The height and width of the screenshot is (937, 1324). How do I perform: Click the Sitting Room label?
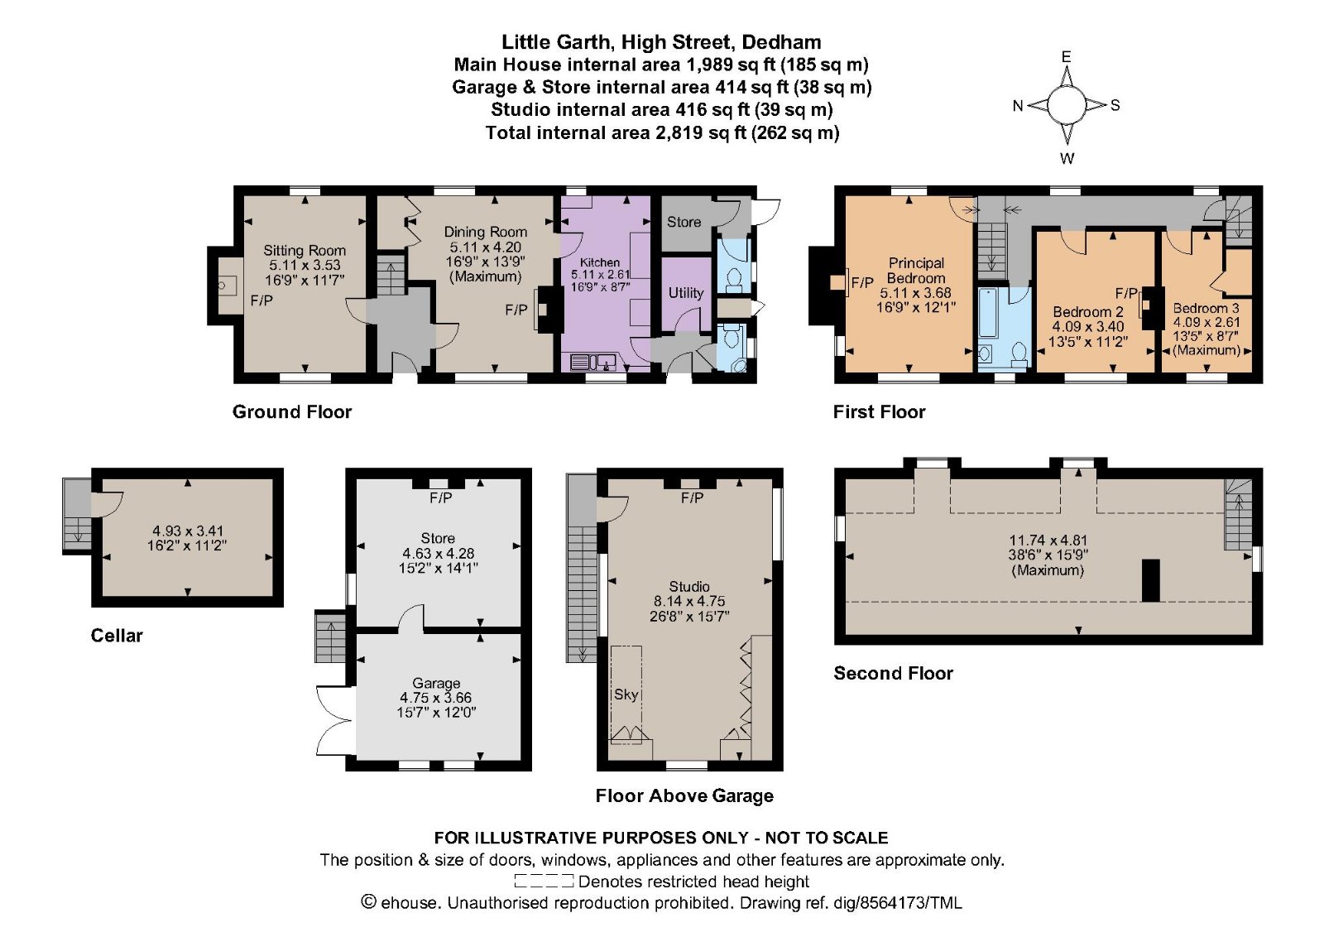click(x=305, y=250)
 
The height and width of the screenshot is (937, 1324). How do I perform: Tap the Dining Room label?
click(x=485, y=232)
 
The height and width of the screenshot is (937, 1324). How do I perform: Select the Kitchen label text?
click(x=600, y=262)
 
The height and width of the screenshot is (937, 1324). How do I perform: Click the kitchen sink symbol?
click(x=593, y=361)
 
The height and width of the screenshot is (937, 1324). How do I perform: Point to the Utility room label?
click(x=686, y=293)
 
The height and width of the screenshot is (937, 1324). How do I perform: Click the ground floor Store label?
click(x=684, y=222)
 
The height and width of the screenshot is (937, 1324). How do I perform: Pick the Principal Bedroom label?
click(x=916, y=270)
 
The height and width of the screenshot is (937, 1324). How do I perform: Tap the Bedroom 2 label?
click(x=1088, y=311)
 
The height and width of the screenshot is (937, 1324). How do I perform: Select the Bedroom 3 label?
click(x=1206, y=308)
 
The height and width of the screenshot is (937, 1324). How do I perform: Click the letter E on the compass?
click(x=1067, y=57)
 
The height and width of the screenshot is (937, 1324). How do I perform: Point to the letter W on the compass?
click(x=1067, y=158)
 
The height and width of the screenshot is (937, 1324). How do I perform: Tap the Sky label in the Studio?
click(x=626, y=694)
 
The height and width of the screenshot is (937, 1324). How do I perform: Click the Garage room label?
click(x=436, y=684)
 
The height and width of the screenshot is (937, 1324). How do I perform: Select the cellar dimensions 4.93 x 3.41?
click(x=187, y=531)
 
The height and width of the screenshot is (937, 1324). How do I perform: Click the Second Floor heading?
click(x=893, y=673)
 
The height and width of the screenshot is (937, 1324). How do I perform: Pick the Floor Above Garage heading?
click(x=684, y=795)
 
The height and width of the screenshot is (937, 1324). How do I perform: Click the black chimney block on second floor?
click(x=1150, y=580)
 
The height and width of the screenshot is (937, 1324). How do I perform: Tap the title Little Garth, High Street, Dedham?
click(x=661, y=42)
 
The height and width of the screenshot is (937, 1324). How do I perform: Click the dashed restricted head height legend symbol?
click(x=544, y=882)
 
